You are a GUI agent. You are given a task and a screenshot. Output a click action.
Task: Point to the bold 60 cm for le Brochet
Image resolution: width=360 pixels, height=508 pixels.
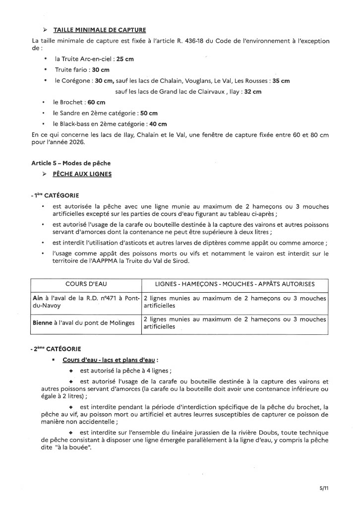click(x=96, y=102)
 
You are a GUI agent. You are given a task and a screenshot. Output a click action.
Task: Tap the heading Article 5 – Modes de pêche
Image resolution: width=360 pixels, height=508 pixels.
click(x=71, y=163)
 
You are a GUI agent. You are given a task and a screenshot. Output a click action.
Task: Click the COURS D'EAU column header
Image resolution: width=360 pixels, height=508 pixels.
click(x=86, y=284)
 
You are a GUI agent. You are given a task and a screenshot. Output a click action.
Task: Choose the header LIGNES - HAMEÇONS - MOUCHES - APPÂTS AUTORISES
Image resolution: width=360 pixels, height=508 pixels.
click(x=235, y=284)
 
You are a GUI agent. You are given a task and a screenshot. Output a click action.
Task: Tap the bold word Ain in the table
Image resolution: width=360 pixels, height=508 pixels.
click(x=37, y=298)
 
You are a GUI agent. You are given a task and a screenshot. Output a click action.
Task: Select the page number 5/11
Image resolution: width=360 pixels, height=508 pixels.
click(x=324, y=488)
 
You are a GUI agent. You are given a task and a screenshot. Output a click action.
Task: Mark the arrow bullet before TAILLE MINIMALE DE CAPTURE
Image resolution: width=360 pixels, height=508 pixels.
click(x=47, y=30)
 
